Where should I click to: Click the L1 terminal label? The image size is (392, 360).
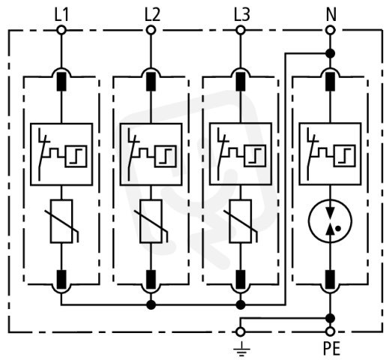click(61, 15)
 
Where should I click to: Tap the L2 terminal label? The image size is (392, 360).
click(152, 15)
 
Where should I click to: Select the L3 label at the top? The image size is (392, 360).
click(242, 15)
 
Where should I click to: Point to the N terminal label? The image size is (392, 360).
click(331, 15)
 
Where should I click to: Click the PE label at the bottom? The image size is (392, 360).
click(332, 348)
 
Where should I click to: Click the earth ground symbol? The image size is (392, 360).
click(241, 349)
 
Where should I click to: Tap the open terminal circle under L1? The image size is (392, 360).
click(61, 30)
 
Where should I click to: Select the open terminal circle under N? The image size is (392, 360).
click(331, 30)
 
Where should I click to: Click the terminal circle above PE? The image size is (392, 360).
click(331, 331)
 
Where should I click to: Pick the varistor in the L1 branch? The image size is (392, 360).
click(61, 221)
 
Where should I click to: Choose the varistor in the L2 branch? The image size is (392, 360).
click(151, 221)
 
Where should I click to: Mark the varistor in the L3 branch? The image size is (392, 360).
click(241, 221)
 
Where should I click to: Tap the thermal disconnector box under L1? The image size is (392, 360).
click(61, 154)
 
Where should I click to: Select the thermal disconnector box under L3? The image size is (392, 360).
click(241, 154)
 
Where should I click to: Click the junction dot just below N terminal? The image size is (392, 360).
click(331, 53)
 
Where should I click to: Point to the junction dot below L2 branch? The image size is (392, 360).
click(151, 304)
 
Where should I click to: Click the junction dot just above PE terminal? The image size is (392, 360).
click(331, 318)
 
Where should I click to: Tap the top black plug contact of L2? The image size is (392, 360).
click(151, 82)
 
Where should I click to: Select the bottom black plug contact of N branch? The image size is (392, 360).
click(331, 280)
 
